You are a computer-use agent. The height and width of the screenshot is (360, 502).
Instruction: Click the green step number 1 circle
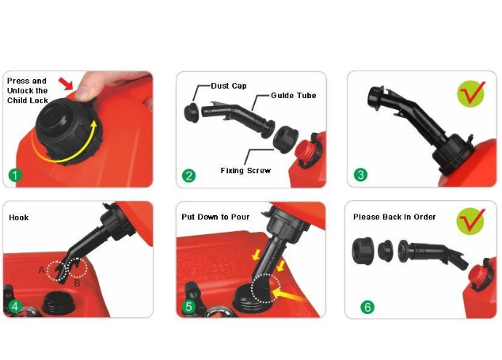(15, 176)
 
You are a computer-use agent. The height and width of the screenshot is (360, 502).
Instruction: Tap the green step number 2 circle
(188, 176)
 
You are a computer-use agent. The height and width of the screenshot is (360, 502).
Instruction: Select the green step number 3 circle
(360, 175)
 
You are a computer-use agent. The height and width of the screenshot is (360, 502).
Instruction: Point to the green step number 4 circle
(15, 306)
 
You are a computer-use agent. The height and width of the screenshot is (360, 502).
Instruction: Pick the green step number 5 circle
(188, 306)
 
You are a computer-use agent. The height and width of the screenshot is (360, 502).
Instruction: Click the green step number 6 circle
(367, 307)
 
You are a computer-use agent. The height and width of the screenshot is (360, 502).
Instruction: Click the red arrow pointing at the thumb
(66, 83)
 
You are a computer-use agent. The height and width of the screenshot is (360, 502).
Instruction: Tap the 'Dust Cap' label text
(229, 85)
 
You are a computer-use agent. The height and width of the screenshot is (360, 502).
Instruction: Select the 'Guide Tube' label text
(294, 96)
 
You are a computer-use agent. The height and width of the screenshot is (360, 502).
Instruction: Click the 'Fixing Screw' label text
(245, 171)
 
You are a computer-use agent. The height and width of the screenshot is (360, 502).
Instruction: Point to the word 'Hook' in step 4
(19, 218)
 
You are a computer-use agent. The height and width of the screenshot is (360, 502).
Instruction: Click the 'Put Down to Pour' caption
(215, 217)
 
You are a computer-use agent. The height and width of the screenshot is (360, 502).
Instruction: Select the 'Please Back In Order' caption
(394, 217)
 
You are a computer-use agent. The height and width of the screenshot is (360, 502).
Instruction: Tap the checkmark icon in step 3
(471, 94)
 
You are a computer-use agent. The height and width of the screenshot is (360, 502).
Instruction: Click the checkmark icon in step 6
(471, 221)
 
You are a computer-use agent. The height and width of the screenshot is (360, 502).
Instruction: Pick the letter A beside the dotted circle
(41, 271)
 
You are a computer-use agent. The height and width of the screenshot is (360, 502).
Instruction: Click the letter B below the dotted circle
(77, 283)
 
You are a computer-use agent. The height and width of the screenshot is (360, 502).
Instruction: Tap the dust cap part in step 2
(192, 112)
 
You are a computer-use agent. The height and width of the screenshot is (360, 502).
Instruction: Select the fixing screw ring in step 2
(286, 139)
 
